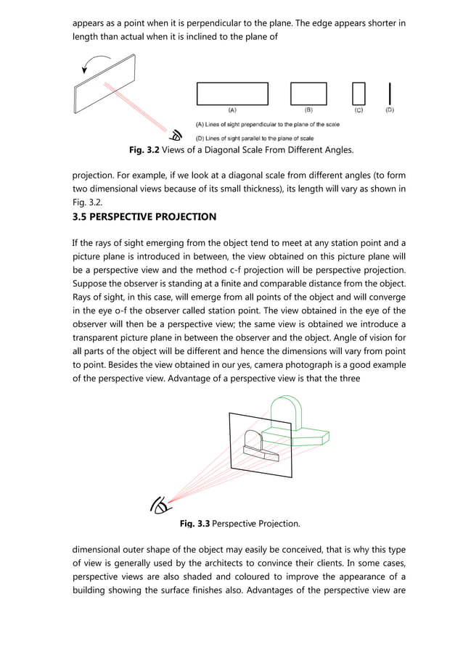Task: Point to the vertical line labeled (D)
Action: click(390, 94)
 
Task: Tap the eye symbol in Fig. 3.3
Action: click(160, 505)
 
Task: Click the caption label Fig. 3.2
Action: click(144, 150)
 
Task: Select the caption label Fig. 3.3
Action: click(194, 524)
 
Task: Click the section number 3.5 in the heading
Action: click(79, 217)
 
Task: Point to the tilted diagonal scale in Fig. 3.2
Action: click(105, 83)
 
